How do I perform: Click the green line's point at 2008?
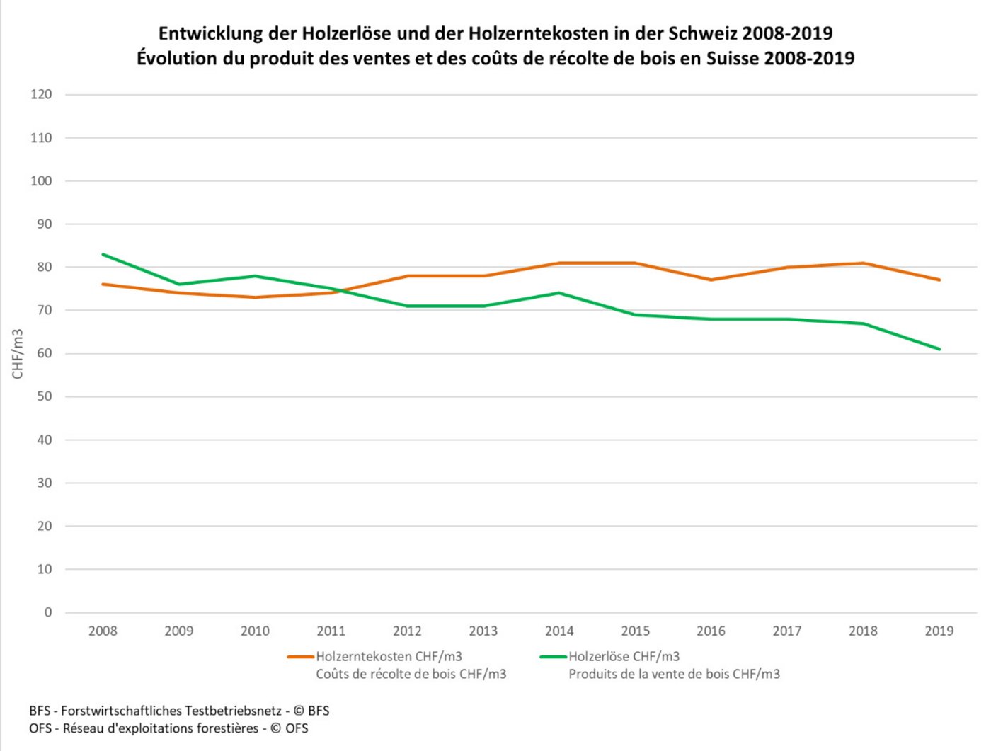click(x=103, y=254)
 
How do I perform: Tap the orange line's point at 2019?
click(x=939, y=280)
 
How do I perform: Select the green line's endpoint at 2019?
click(x=939, y=349)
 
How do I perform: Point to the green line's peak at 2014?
click(x=559, y=293)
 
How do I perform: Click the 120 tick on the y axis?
click(x=41, y=94)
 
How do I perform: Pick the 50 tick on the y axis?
click(x=44, y=396)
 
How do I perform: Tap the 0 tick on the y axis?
click(x=48, y=612)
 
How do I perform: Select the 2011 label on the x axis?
click(x=331, y=631)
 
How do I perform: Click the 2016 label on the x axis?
click(x=711, y=631)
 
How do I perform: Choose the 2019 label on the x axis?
click(x=939, y=631)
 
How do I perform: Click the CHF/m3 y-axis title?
click(x=18, y=354)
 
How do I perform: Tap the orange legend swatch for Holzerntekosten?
click(x=300, y=657)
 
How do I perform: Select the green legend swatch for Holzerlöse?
click(x=553, y=657)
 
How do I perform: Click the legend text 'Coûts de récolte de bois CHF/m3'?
click(x=411, y=674)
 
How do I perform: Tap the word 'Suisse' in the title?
click(x=732, y=58)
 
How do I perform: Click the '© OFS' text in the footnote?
click(x=289, y=728)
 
